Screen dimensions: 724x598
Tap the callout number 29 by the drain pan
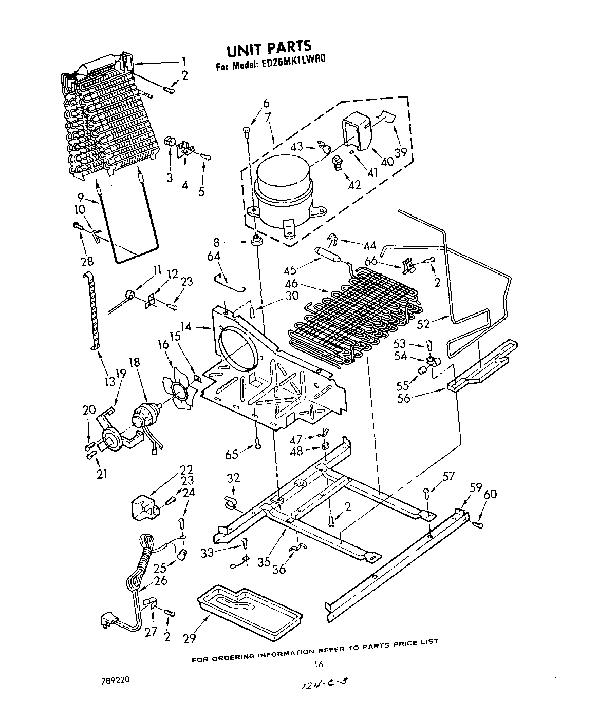pos(189,639)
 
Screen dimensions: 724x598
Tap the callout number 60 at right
pos(490,494)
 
